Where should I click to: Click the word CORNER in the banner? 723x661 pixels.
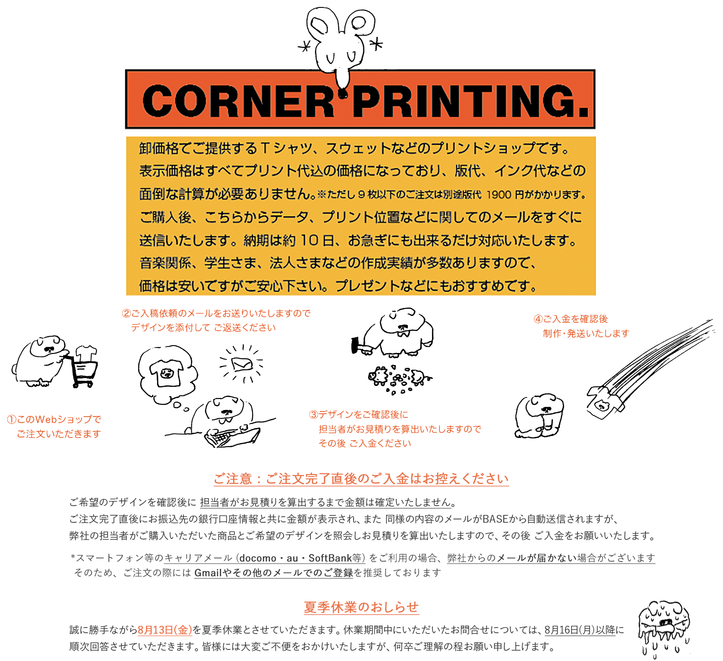click(x=239, y=101)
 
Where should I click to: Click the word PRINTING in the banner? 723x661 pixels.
click(x=466, y=101)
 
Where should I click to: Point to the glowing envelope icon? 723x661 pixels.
click(x=242, y=364)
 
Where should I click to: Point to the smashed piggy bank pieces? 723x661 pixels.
click(x=399, y=378)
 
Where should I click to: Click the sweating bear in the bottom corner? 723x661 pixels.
click(x=663, y=626)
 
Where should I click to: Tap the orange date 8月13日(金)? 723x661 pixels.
click(x=165, y=630)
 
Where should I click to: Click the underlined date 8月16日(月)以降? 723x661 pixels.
click(x=579, y=630)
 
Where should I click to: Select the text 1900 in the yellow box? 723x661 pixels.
click(x=499, y=195)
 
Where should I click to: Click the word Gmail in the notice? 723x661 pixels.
click(x=208, y=573)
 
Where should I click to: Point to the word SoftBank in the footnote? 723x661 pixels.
click(x=330, y=558)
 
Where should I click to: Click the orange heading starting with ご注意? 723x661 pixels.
click(x=361, y=479)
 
